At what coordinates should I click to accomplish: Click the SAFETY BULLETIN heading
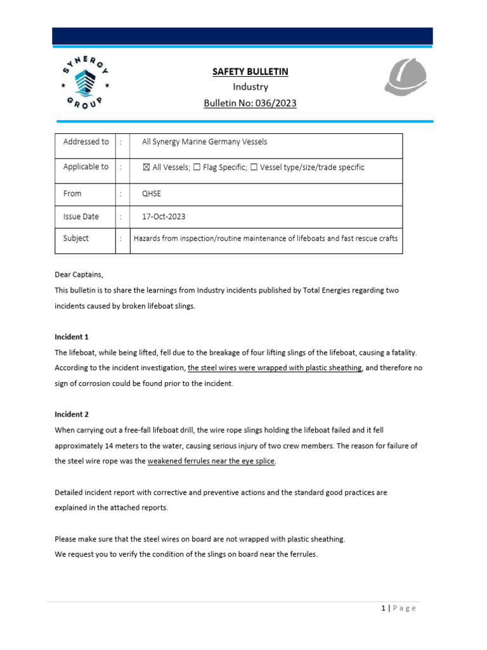250,72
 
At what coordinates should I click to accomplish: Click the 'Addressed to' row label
86,142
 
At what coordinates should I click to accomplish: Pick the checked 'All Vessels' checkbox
146,168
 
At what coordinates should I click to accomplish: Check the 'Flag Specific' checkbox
197,168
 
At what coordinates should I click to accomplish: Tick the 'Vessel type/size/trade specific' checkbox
254,168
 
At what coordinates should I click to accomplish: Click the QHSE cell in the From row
153,194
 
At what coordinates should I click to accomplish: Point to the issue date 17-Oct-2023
164,216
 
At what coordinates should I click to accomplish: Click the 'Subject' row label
76,239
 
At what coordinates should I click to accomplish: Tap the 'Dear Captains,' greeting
79,275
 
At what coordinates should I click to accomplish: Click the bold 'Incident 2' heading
72,415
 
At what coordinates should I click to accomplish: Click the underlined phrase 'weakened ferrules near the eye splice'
211,461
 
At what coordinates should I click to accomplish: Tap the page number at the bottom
384,608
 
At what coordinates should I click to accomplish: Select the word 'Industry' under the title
250,87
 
